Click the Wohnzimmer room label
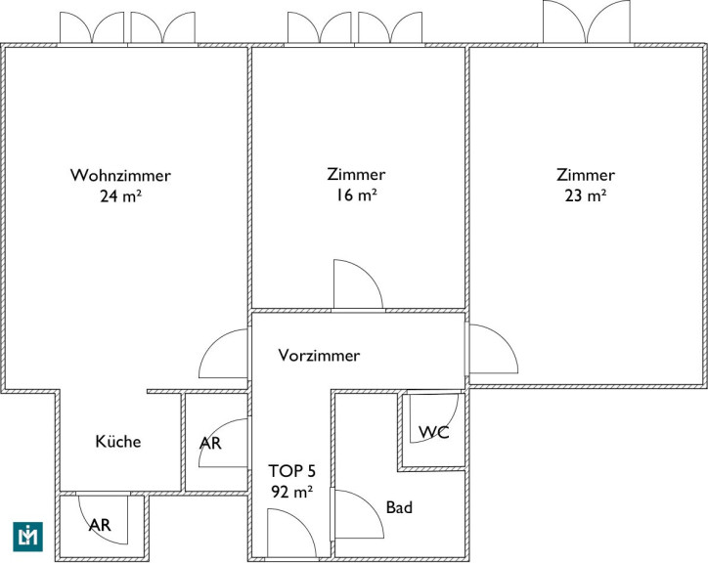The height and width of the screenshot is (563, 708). click(120, 175)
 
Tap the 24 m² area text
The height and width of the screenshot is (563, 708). click(120, 195)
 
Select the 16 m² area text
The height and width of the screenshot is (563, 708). click(356, 195)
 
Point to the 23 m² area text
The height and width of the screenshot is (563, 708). click(585, 195)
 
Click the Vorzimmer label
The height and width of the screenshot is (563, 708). click(319, 356)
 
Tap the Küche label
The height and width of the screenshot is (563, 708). click(118, 441)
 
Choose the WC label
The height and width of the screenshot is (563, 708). click(434, 432)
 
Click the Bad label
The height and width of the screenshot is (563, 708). click(399, 507)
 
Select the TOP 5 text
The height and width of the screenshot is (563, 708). click(291, 471)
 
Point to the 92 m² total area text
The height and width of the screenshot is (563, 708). click(291, 492)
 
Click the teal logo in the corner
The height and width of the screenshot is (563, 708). click(28, 537)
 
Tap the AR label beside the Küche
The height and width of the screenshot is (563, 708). click(210, 444)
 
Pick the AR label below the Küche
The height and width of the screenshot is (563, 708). click(100, 525)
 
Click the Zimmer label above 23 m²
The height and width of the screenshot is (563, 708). click(585, 175)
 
